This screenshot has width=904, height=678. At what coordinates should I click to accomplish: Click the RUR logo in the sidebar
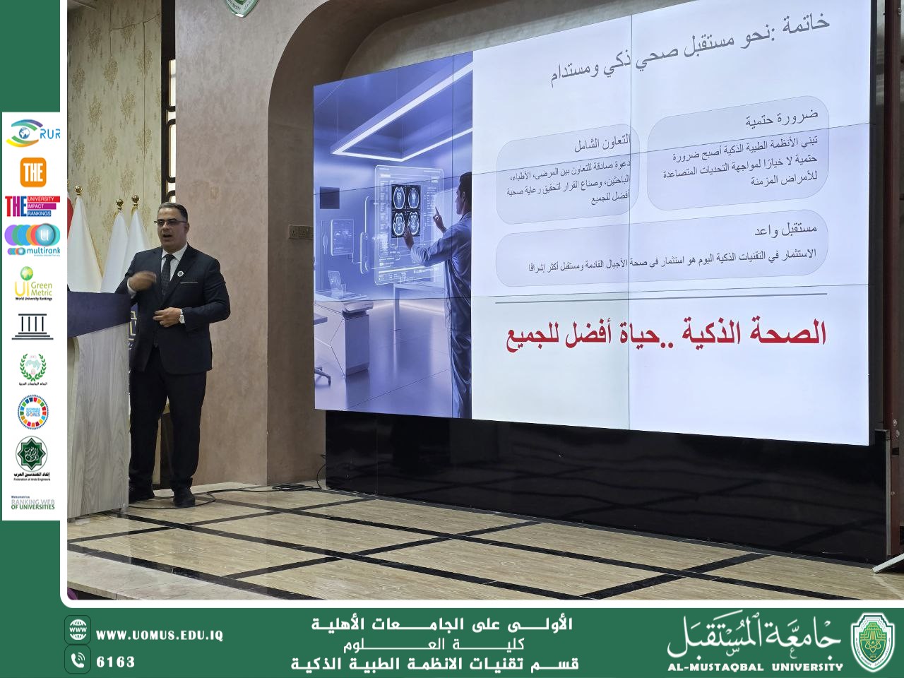coord(32,133)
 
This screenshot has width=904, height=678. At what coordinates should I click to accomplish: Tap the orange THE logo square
coord(32,172)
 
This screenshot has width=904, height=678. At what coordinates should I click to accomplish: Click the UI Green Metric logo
coord(32,284)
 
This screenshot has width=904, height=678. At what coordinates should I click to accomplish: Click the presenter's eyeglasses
coord(169,222)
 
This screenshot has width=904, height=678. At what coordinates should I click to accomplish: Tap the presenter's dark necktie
coord(167,272)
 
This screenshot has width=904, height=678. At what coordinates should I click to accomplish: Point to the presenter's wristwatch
coord(181,317)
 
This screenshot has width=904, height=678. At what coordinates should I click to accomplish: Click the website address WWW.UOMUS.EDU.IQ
coord(159,635)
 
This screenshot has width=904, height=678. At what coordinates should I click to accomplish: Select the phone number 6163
coord(115,662)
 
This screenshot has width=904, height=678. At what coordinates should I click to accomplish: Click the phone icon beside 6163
coord(78,660)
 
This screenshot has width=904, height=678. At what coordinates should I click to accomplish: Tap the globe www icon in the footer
coord(78,630)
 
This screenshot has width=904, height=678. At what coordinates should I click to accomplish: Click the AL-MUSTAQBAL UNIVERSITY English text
coord(755,666)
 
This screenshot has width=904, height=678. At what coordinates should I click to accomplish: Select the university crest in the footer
coord(874,641)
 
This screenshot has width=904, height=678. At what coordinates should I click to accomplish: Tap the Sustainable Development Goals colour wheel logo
coord(32,412)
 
